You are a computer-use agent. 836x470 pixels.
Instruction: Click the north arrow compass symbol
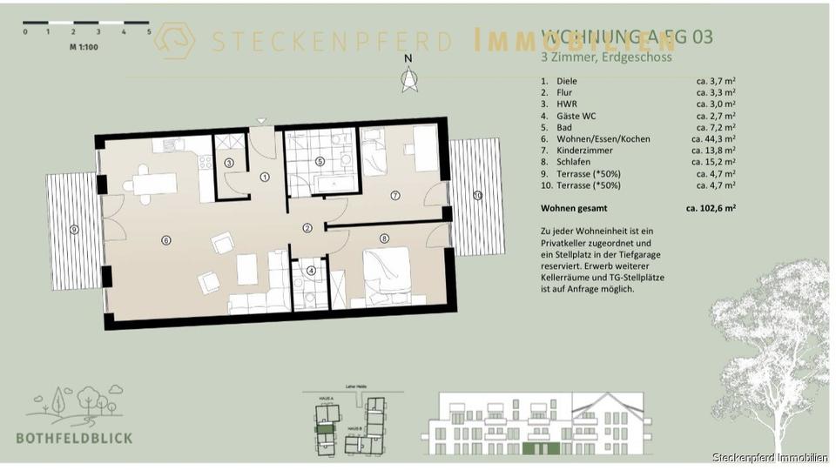click(x=408, y=78)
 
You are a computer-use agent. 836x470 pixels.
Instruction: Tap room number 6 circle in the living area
click(x=165, y=239)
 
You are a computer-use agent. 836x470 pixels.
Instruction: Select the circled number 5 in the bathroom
click(x=320, y=161)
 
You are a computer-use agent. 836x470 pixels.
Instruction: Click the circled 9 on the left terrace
click(x=74, y=229)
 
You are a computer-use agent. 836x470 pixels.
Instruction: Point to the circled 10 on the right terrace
click(x=476, y=195)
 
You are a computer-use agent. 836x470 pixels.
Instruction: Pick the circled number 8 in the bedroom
click(x=384, y=238)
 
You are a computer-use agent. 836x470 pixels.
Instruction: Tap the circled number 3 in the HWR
click(x=229, y=162)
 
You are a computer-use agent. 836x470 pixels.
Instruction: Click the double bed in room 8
click(x=386, y=272)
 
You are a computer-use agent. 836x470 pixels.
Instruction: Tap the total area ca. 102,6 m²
click(x=711, y=209)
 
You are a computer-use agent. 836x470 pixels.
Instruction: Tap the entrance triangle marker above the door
click(x=260, y=121)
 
